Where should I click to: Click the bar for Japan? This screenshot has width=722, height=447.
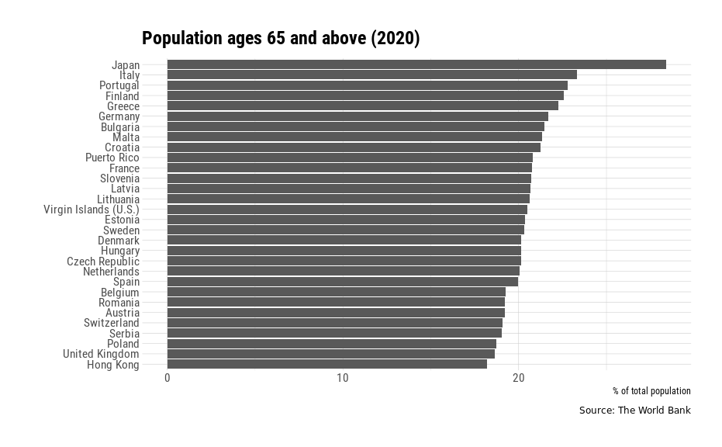416,64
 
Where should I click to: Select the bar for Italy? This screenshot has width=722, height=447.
371,74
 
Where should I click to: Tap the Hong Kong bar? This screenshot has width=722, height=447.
326,364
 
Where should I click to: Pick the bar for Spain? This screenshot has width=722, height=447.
342,282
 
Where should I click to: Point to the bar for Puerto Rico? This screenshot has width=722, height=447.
350,158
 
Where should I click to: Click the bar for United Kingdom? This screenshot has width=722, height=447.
330,354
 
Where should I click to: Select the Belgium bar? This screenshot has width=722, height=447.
336,292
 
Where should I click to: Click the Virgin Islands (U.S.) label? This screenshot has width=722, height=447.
92,210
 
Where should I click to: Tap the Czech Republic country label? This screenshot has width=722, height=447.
103,262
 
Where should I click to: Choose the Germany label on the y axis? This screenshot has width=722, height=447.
119,116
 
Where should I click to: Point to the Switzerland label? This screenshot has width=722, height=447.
112,323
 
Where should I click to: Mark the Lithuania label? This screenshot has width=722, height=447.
118,199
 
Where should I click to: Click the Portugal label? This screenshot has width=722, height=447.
119,85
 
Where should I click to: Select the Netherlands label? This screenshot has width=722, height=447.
111,272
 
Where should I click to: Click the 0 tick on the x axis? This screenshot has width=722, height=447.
168,378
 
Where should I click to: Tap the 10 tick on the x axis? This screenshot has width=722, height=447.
343,378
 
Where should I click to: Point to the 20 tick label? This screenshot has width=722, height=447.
518,378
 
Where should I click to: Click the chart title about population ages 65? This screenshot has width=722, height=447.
281,39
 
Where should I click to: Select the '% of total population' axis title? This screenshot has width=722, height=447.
651,391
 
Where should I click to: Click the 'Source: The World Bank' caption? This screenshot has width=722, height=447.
634,411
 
